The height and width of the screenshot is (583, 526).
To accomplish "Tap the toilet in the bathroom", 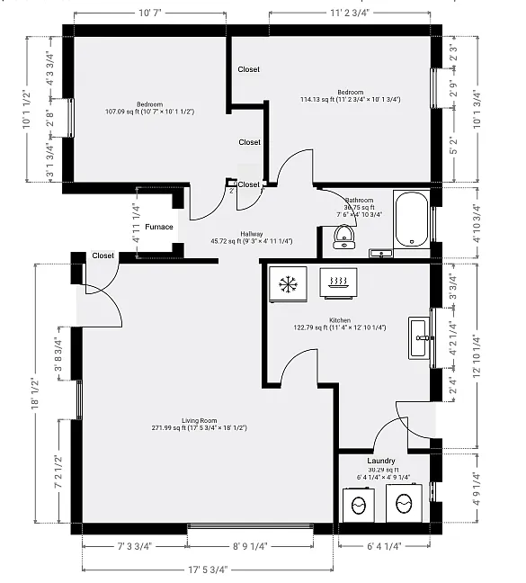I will [x=343, y=236].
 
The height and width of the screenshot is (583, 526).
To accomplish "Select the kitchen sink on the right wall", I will [x=418, y=337].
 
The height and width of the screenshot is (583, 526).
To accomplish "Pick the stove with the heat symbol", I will [x=340, y=283].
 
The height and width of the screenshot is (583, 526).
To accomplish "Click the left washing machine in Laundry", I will [x=361, y=503].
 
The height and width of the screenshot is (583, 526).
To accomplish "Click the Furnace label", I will [x=159, y=227].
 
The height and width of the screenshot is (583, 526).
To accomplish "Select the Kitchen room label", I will [x=340, y=320].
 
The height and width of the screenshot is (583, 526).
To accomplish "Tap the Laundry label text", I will [x=381, y=461].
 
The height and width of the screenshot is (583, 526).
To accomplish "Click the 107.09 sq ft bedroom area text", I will [x=150, y=112].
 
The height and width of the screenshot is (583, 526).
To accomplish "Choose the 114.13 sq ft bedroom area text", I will [x=350, y=100].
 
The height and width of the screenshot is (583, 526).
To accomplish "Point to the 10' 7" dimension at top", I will [x=150, y=13].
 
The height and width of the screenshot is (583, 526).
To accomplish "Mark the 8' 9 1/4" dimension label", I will [x=250, y=546].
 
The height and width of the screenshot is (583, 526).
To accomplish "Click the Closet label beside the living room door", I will [x=103, y=256].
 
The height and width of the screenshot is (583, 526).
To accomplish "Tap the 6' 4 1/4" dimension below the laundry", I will [x=383, y=546].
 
